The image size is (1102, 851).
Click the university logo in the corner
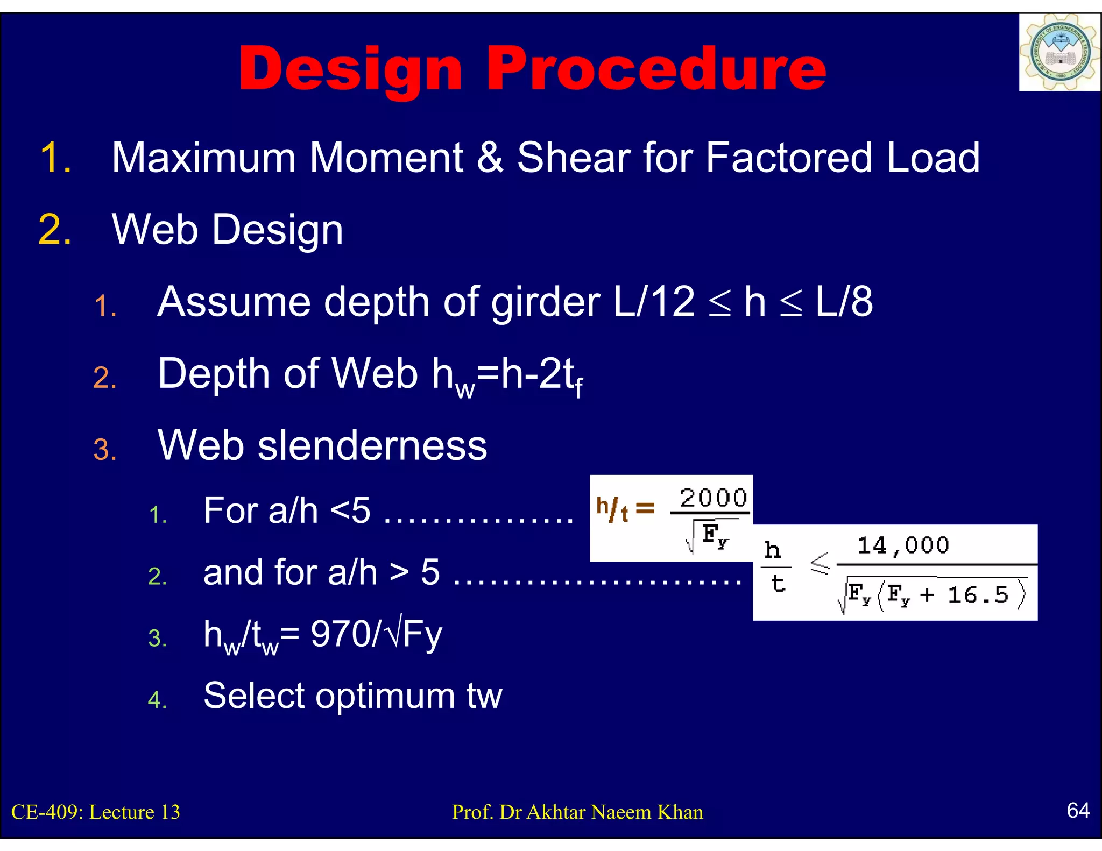point(1059,53)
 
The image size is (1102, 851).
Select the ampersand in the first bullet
point(490,157)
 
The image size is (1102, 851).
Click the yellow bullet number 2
point(54,230)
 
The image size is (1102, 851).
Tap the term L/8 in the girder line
point(844,302)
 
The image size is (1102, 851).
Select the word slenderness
point(372,445)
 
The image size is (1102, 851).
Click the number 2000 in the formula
point(713,498)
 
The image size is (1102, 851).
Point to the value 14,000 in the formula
point(903,545)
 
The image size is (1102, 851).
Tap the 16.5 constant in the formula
point(978,595)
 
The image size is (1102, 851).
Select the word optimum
point(385,696)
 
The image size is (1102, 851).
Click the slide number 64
point(1078,810)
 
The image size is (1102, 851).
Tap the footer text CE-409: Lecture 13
point(96,812)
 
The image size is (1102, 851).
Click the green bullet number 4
point(157,699)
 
